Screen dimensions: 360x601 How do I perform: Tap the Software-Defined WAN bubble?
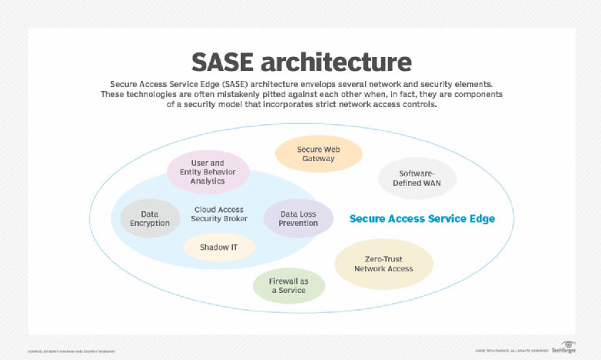point(417,179)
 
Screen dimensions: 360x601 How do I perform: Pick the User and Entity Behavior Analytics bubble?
point(208,172)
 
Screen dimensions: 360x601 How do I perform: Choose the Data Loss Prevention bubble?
point(298,218)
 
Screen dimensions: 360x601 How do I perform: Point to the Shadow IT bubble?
point(219,247)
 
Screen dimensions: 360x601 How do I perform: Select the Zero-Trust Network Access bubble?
point(383,264)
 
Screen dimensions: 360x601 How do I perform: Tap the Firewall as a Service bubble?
point(289,285)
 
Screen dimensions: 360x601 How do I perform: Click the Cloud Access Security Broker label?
point(219,214)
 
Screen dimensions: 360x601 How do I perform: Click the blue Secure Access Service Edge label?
point(422,218)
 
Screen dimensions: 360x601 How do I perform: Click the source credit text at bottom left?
point(71,351)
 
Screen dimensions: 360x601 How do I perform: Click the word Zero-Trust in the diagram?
point(383,259)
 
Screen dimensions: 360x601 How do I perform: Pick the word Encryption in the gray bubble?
point(150,223)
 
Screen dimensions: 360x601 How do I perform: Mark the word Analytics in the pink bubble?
point(208,181)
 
